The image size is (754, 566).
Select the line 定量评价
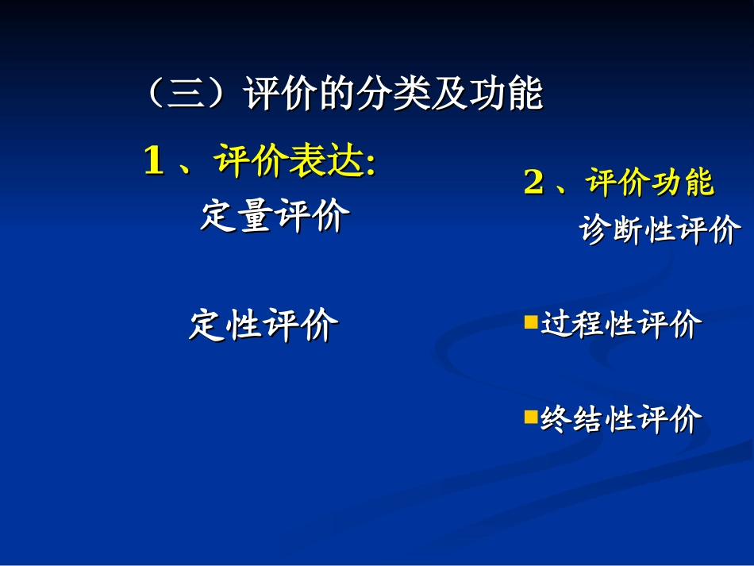275,216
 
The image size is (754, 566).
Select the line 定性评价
264,325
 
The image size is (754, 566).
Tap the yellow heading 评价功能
650,183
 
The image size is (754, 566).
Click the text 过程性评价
621,324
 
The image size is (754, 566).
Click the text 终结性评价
621,418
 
